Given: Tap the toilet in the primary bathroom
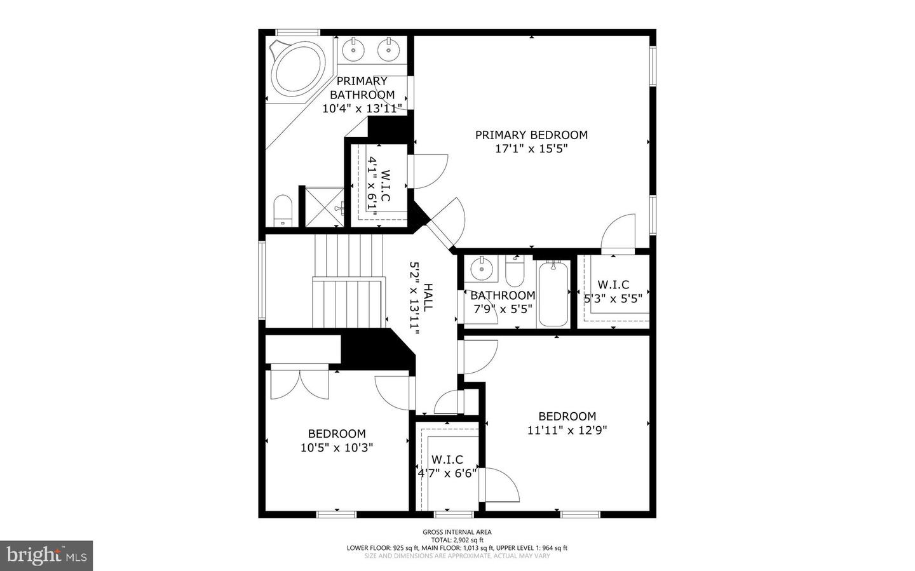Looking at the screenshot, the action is click(283, 210).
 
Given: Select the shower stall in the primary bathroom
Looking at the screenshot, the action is click(325, 207).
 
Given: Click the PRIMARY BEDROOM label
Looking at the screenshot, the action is click(531, 135).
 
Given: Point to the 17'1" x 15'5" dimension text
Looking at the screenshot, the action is click(531, 148).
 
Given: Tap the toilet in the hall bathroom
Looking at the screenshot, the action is click(515, 271).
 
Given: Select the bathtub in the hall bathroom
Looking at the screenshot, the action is click(553, 293).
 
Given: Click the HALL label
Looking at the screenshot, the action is click(428, 298).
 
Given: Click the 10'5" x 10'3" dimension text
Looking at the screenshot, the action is click(337, 448).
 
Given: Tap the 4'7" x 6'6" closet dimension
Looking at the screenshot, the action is click(447, 473).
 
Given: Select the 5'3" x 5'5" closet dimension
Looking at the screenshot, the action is click(613, 299).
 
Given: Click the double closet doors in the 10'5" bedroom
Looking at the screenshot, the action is click(300, 384).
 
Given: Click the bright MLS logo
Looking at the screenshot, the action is click(46, 556).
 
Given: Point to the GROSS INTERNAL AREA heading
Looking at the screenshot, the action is click(457, 532).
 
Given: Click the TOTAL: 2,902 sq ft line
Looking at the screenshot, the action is click(457, 540).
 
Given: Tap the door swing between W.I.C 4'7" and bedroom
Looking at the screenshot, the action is click(499, 485).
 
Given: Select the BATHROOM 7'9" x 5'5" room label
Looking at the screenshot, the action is click(503, 302).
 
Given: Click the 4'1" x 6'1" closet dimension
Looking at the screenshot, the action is click(372, 183).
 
